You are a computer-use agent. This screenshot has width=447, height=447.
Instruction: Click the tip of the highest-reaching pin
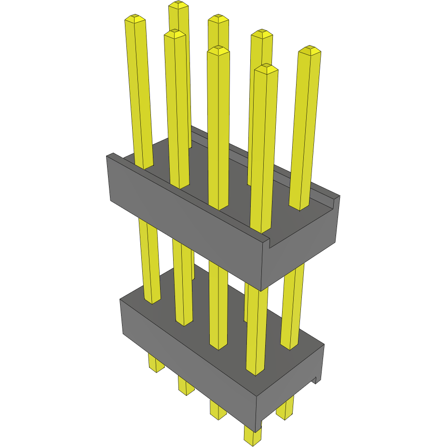point(178,5)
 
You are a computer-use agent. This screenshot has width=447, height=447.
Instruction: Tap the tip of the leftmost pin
point(135,19)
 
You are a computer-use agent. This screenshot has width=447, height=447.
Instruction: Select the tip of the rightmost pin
point(310,50)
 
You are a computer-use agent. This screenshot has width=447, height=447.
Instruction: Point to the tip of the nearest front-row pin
point(266,69)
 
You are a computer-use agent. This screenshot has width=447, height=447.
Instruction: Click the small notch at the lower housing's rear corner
point(317,379)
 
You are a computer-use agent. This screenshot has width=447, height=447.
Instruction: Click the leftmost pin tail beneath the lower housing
point(155,363)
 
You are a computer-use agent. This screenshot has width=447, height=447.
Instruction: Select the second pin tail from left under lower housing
point(185,385)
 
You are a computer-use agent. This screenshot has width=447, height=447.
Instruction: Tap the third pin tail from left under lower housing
point(217,410)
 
